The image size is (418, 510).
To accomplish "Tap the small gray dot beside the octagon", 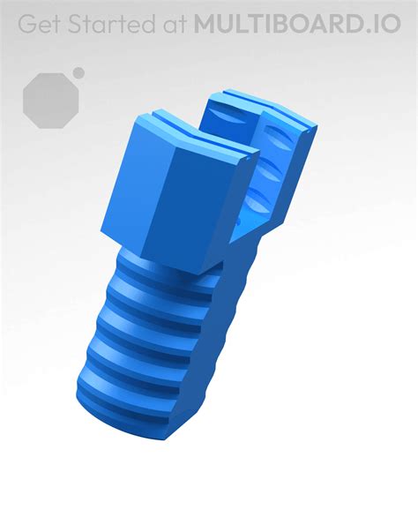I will [78, 72].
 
